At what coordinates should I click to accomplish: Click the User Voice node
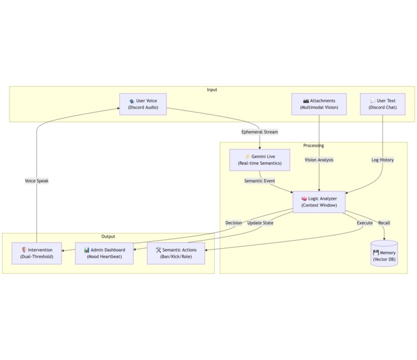point(143,104)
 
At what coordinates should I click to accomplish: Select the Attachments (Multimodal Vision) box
point(319,104)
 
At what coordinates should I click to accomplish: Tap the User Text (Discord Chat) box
point(382,104)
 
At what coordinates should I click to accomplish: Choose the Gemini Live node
point(259,160)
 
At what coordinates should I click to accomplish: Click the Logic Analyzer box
point(319,202)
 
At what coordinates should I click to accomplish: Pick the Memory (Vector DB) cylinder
point(384,254)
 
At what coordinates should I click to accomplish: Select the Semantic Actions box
point(176,253)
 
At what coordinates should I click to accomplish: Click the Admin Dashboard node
point(104,253)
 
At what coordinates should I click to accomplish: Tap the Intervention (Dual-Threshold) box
point(36,253)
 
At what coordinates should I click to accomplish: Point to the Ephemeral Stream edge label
point(259,132)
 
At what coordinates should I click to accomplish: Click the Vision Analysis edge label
point(319,160)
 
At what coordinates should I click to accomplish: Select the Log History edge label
point(382,160)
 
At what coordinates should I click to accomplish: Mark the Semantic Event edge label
point(259,181)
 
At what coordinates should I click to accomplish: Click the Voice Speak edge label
point(36,181)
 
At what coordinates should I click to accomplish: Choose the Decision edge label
point(234,223)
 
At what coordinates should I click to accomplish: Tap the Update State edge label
point(260,223)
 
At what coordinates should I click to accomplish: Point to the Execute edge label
point(365,223)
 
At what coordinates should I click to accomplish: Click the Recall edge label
point(384,223)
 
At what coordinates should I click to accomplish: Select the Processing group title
point(313,146)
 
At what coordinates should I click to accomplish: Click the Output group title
point(108,237)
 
